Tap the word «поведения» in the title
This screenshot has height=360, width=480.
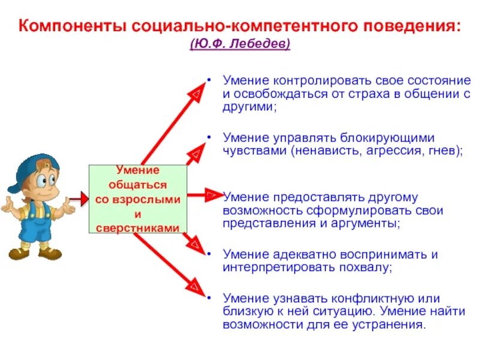tap(410, 27)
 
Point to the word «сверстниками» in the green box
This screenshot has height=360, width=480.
tap(138, 228)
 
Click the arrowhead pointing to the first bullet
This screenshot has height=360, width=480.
tap(196, 92)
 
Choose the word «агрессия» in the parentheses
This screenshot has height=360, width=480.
tap(395, 151)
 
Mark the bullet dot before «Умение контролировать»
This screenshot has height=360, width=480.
tap(208, 80)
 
